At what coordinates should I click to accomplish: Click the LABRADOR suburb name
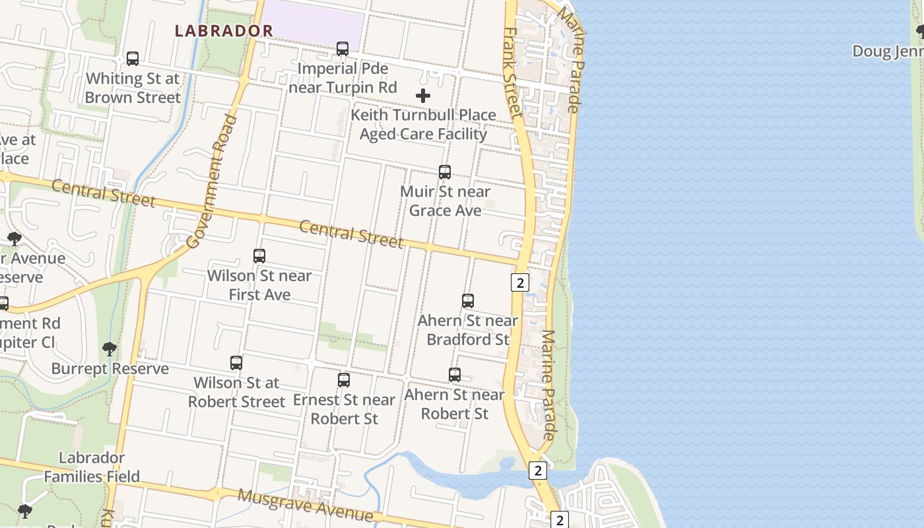click(224, 31)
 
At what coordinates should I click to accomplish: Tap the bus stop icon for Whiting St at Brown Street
click(133, 59)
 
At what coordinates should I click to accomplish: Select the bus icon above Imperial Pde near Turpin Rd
click(343, 49)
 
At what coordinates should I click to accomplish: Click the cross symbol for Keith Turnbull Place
click(423, 96)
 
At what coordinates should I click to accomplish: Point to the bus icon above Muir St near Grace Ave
click(445, 172)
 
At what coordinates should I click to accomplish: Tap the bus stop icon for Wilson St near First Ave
click(259, 256)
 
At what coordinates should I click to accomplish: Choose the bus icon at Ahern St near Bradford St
click(468, 301)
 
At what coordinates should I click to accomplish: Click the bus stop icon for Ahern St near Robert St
click(455, 375)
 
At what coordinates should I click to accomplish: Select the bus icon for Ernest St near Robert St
click(344, 380)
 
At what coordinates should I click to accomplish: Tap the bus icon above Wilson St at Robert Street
click(236, 363)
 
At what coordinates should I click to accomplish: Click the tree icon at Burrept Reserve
click(110, 348)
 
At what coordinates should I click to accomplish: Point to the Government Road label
click(212, 181)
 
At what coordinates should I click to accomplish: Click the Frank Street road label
click(512, 73)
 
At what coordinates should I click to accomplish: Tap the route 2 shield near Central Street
click(520, 283)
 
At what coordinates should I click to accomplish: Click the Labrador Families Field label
click(92, 467)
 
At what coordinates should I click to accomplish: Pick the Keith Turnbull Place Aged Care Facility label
click(423, 125)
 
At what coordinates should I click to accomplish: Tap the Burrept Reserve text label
click(110, 369)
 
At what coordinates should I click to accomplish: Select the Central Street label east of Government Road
click(351, 234)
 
